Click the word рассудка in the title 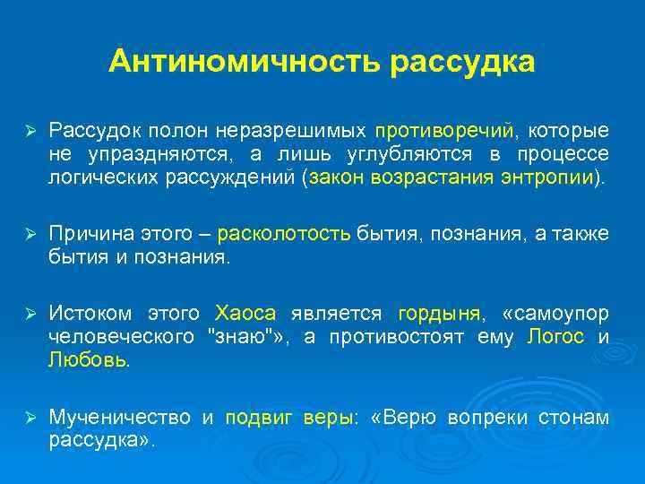[x=463, y=62]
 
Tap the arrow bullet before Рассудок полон [x=30, y=130]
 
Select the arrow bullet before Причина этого [x=30, y=235]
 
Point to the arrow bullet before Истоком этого [x=30, y=314]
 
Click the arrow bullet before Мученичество [x=30, y=418]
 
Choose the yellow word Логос [x=556, y=337]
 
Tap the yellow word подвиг [x=254, y=418]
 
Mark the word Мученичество [x=119, y=418]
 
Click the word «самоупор [x=556, y=314]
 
